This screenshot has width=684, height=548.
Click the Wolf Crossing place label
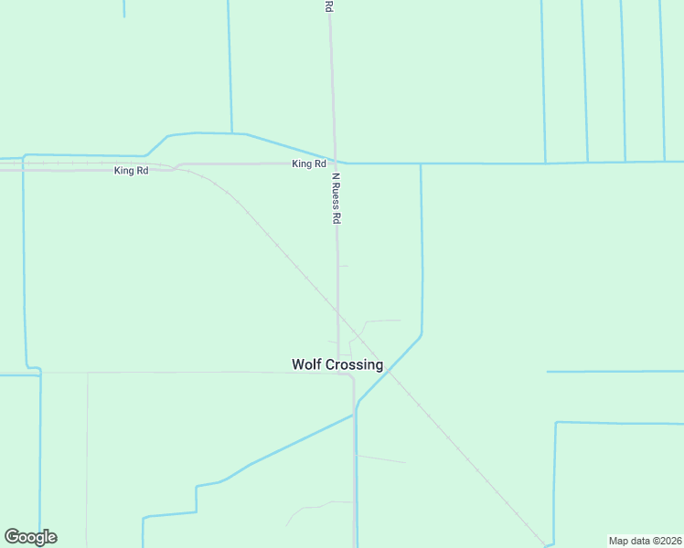pos(337,364)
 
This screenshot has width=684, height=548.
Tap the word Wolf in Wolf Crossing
pos(306,364)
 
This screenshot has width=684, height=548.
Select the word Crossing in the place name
pos(353,364)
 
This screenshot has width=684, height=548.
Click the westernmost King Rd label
pos(131,171)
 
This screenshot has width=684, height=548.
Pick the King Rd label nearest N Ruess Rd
pos(308,163)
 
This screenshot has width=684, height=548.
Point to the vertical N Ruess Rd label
pos(337,199)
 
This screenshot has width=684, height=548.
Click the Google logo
pos(30,537)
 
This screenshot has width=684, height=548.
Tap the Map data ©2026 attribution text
pos(646,541)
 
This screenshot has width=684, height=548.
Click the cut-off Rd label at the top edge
pos(328,5)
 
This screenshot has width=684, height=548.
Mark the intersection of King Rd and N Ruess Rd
pos(335,163)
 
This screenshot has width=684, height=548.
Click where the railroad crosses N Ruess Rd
pos(337,311)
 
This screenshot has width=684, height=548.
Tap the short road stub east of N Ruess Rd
pos(343,266)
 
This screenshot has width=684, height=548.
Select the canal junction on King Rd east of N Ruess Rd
pos(421,164)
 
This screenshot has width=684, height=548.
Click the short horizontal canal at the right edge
pos(615,372)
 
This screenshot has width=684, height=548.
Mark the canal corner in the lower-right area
pos(556,423)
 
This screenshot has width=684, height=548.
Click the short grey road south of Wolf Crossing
pos(380,458)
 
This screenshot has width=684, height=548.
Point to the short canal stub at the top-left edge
pos(123,8)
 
